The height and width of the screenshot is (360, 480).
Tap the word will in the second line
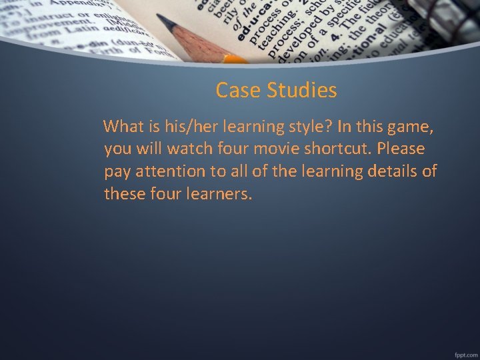[x=147, y=148]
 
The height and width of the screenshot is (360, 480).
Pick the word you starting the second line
[x=117, y=149]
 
